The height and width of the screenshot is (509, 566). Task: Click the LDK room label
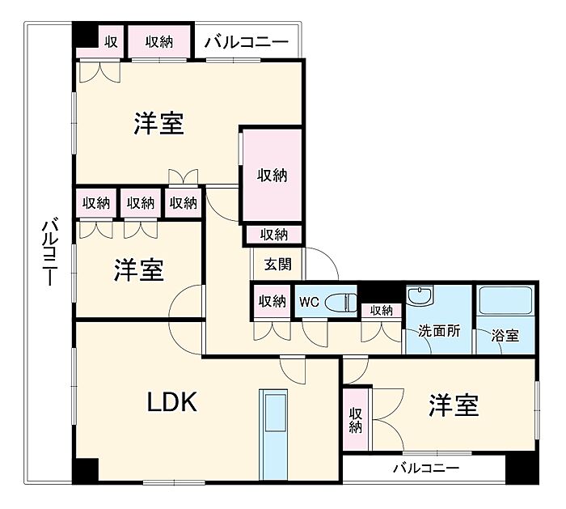coord(171,402)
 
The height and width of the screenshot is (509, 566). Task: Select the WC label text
coord(309,302)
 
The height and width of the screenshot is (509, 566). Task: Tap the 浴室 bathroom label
coord(505,335)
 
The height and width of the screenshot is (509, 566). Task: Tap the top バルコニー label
coord(246,41)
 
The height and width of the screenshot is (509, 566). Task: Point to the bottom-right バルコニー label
coord(426,469)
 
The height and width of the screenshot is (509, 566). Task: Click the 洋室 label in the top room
coord(158,124)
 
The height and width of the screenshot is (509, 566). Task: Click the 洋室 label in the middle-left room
coord(138,269)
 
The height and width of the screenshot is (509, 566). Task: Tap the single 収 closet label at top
coord(110,41)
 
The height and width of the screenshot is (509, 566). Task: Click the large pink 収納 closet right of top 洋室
coord(272,174)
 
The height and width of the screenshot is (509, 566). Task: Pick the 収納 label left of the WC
coord(272,301)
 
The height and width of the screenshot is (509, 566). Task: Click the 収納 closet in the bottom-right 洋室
coord(356,419)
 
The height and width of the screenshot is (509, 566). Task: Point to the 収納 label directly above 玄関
coord(273,235)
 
